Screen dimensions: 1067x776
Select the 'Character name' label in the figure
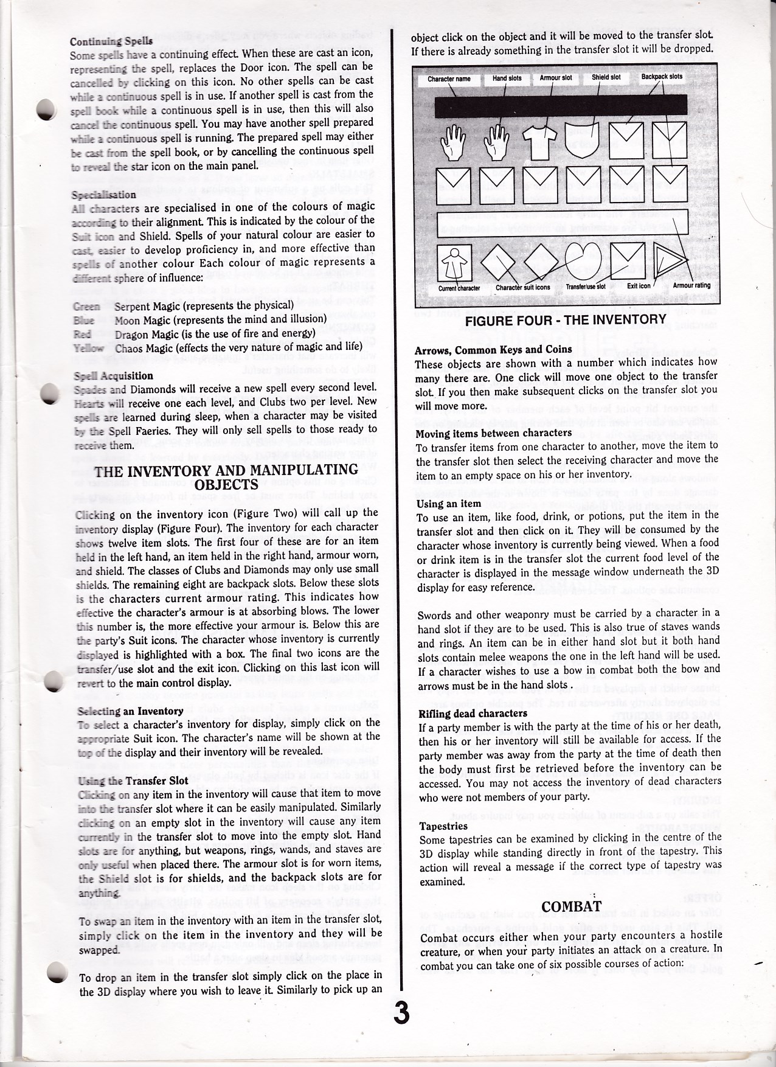pyautogui.click(x=449, y=78)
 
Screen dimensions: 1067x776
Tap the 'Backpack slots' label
pyautogui.click(x=662, y=77)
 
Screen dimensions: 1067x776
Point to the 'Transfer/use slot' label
pyautogui.click(x=586, y=287)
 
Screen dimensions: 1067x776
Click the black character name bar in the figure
pyautogui.click(x=560, y=106)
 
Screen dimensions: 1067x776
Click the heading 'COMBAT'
pyautogui.click(x=571, y=907)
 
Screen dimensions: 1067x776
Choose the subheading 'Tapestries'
pyautogui.click(x=443, y=825)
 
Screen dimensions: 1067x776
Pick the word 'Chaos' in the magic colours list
pyautogui.click(x=128, y=346)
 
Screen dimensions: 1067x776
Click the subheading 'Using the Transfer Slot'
pyautogui.click(x=134, y=780)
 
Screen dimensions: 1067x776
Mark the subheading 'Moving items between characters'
pyautogui.click(x=494, y=433)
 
